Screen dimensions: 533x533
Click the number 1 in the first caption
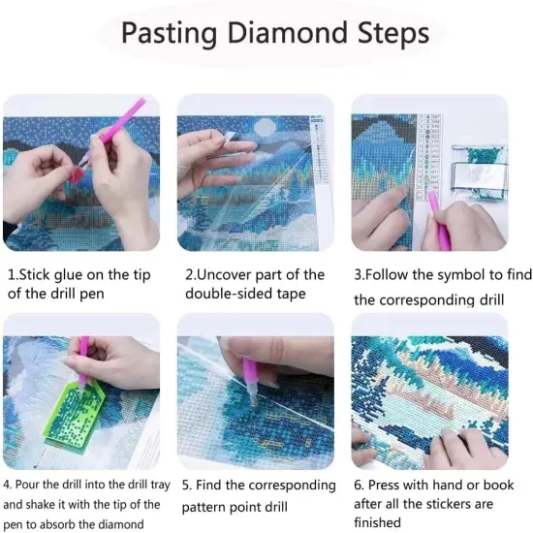[x=11, y=275]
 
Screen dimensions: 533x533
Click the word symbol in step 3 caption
[x=454, y=275]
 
